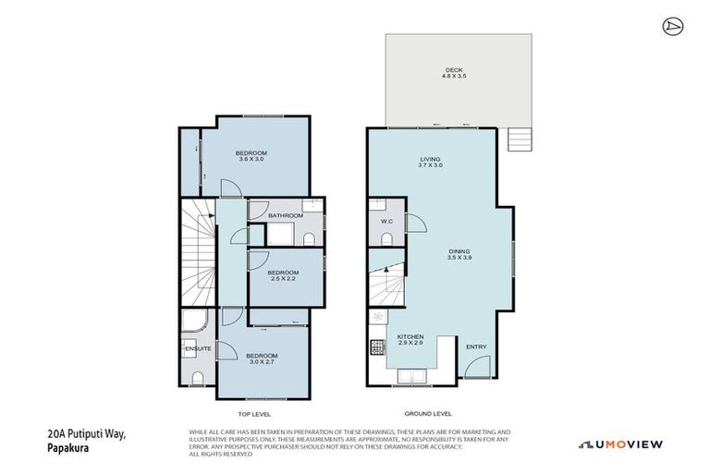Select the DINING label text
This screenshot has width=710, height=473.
pyautogui.click(x=459, y=249)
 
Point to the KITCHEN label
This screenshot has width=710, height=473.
pyautogui.click(x=410, y=336)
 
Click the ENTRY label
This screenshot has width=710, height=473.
pyautogui.click(x=476, y=346)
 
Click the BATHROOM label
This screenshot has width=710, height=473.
pyautogui.click(x=286, y=215)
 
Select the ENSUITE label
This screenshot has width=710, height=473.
pyautogui.click(x=198, y=348)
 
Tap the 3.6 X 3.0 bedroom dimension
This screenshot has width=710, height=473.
pyautogui.click(x=251, y=160)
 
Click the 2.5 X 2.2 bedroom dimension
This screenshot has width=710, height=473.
pyautogui.click(x=283, y=279)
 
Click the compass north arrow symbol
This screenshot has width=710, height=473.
pyautogui.click(x=673, y=27)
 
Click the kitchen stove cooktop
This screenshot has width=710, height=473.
pyautogui.click(x=377, y=348)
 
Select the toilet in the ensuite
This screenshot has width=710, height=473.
pyautogui.click(x=197, y=377)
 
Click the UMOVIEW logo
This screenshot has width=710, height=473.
pyautogui.click(x=620, y=444)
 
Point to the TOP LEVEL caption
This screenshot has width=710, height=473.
pyautogui.click(x=254, y=414)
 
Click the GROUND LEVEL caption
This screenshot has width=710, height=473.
pyautogui.click(x=429, y=414)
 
